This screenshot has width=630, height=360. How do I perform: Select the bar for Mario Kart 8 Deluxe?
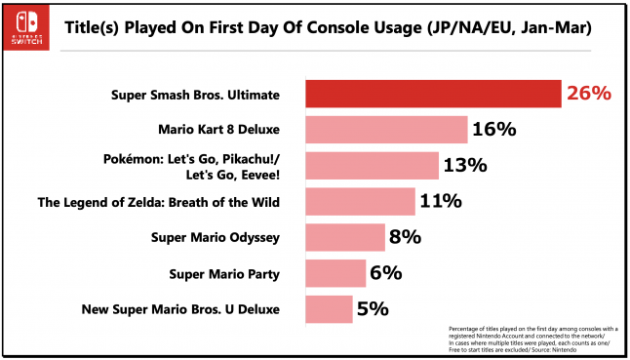(387, 130)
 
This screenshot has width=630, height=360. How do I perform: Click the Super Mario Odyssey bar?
(345, 237)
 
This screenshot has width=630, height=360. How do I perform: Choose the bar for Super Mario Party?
(335, 273)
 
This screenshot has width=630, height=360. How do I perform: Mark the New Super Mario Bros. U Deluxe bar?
(330, 309)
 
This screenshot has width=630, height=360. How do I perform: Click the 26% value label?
(588, 94)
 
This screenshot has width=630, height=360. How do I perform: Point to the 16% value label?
(494, 130)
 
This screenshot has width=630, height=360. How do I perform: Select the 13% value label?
(464, 165)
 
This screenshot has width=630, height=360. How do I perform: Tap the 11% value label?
(442, 201)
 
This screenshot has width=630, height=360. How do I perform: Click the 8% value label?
(405, 237)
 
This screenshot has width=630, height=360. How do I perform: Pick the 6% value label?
(385, 273)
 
